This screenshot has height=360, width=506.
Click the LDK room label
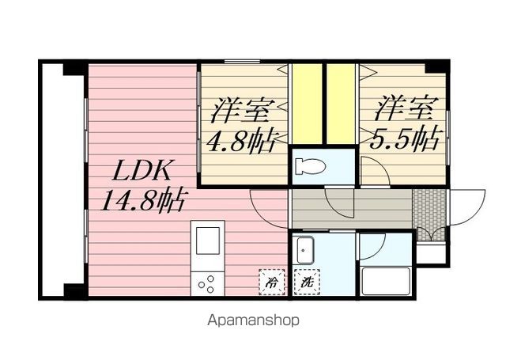coord(141,170)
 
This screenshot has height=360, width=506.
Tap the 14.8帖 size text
coord(143,199)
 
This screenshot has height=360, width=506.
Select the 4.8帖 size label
coord(240,141)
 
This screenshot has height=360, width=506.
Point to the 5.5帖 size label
coord(405,138)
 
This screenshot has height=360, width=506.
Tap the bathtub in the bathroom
coord(385,281)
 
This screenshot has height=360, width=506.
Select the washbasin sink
coord(304,250)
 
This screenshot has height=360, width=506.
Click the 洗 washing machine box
coord(307,282)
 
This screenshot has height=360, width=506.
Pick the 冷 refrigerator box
coord(272,282)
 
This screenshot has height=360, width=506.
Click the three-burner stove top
coord(207,283)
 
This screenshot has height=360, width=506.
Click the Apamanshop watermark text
coord(253,320)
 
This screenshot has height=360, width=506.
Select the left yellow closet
coord(308,104)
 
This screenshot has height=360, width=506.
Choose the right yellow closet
coord(341,104)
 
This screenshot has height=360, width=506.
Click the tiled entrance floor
coord(429,214)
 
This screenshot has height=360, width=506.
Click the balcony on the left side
coord(63,181)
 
